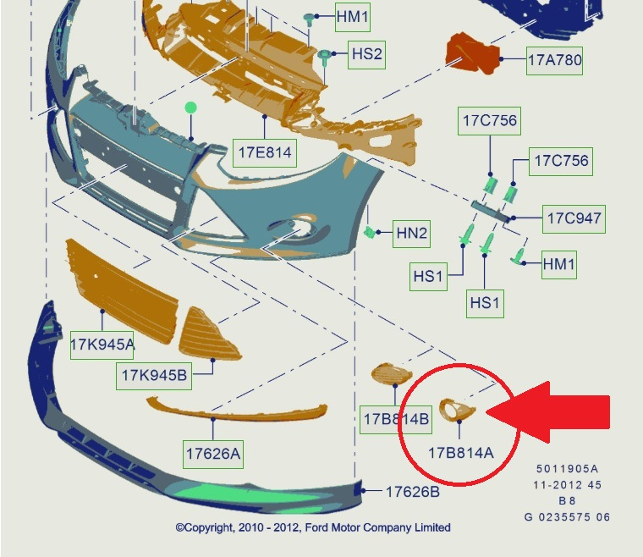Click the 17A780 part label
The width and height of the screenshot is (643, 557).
555,60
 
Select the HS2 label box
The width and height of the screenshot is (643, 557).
367,54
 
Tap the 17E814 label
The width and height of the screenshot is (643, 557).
265,152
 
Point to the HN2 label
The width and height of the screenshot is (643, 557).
412,232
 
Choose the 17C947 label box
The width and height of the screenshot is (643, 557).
574,218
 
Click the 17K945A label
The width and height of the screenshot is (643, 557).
102,345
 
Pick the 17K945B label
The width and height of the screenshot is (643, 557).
154,374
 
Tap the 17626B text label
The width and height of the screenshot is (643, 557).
413,491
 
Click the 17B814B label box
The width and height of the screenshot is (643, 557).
396,418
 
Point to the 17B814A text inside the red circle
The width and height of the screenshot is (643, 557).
460,452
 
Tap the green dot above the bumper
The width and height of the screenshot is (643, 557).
191,108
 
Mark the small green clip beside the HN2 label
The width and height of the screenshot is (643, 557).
370,231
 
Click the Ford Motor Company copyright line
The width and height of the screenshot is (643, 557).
313,527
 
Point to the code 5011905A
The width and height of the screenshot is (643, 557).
567,468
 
